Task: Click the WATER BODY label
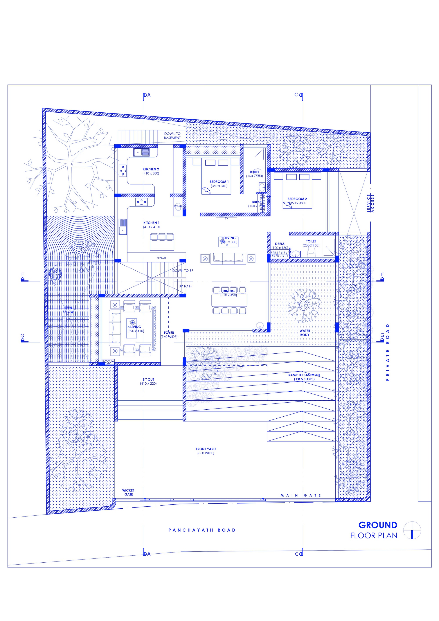(305, 333)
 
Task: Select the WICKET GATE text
(128, 492)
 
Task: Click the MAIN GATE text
(300, 495)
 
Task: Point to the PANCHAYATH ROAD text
(202, 530)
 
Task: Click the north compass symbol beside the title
(412, 530)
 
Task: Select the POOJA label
(108, 361)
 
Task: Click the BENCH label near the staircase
(161, 258)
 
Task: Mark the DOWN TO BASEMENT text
(172, 135)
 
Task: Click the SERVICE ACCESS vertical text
(370, 203)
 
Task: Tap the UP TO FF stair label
(185, 286)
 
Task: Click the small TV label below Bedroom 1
(227, 218)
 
